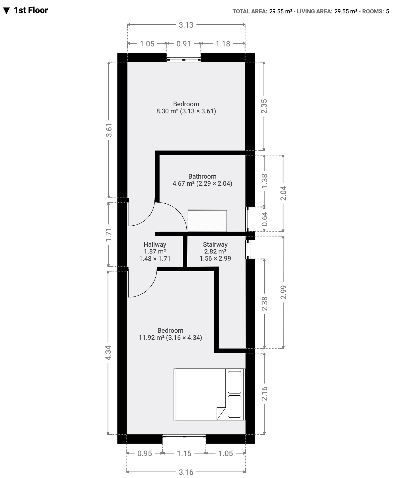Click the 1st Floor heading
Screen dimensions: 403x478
coord(31,11)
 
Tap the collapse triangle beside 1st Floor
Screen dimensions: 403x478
coord(6,11)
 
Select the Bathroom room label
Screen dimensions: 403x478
coord(202,176)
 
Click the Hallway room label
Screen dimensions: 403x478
coord(155,244)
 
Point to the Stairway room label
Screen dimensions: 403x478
coord(215,244)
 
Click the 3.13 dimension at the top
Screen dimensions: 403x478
coord(186,25)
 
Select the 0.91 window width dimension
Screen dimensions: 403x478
coord(184,44)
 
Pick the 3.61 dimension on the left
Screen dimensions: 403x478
coord(109,130)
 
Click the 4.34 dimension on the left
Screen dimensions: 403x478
coord(108,353)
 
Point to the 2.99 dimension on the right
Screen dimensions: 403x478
coord(283,293)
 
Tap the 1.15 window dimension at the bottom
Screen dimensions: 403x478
coord(184,453)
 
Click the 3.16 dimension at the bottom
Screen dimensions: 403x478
coord(186,472)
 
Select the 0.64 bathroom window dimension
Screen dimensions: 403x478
coord(264,219)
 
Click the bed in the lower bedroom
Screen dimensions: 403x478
coord(209,394)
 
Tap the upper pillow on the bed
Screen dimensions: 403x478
coord(235,382)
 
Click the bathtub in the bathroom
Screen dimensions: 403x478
coord(207,221)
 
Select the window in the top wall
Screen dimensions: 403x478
coord(184,60)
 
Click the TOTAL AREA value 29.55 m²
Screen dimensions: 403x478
coord(281,12)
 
